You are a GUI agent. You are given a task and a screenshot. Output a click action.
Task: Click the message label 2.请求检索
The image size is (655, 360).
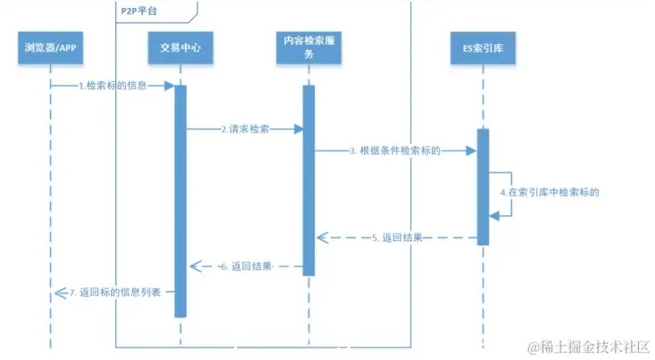[x=245, y=129]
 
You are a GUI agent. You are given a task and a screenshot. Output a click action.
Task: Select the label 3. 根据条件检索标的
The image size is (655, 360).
[x=395, y=151]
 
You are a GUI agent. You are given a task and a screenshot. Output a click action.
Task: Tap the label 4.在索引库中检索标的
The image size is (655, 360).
[x=550, y=193]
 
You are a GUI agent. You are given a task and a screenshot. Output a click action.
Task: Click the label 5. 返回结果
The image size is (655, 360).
[x=398, y=238]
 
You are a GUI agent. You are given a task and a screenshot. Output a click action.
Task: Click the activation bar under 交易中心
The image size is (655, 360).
[x=180, y=201]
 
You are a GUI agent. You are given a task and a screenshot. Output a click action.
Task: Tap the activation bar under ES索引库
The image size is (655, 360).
[x=483, y=185]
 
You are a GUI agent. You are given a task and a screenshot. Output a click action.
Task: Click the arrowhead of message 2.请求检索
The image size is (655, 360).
[x=298, y=129]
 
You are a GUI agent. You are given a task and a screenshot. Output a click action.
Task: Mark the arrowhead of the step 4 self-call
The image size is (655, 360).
[x=494, y=214]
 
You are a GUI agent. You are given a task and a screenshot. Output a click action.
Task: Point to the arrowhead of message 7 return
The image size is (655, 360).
[x=54, y=293]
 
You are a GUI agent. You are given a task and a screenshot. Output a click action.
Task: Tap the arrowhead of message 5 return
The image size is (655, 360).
[x=321, y=238]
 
